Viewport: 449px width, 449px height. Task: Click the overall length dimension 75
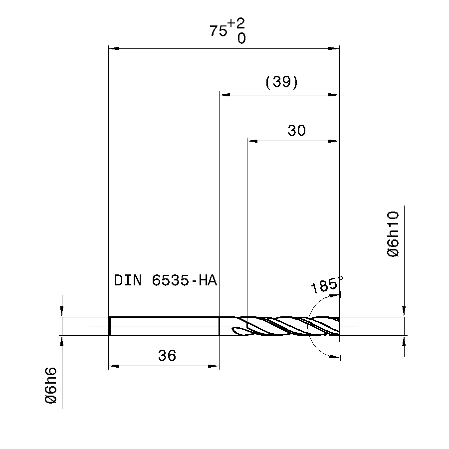tap(219, 31)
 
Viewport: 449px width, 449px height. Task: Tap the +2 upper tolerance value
tap(236, 23)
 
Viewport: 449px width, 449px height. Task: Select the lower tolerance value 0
tap(241, 38)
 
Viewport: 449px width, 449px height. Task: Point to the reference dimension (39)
tap(281, 82)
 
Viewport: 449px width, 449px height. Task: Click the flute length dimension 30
tap(297, 131)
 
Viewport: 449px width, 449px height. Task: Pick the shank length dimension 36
tap(167, 355)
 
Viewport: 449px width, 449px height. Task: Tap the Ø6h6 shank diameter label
tap(51, 386)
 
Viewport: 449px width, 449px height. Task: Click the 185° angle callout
tap(326, 285)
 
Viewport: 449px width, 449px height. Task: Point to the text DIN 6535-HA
tap(166, 280)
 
